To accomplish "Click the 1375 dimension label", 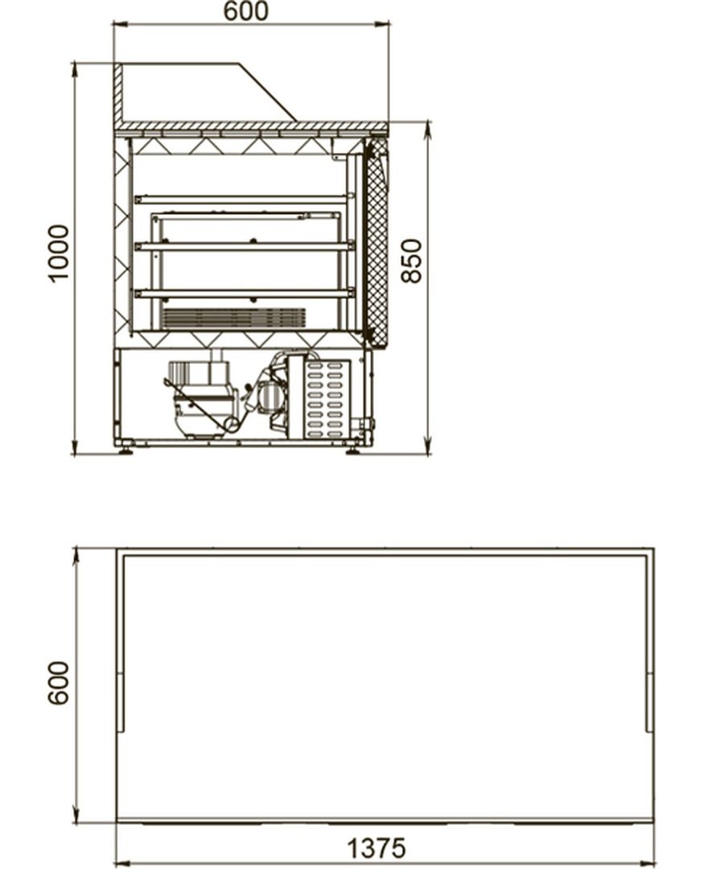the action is (376, 848).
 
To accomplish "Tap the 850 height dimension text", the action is (412, 261).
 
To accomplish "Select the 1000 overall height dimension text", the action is (59, 253).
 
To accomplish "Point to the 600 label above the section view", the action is (246, 11).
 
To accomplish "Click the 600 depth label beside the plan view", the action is (59, 683).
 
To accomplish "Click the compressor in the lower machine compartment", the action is (202, 400).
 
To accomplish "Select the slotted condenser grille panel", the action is (327, 397).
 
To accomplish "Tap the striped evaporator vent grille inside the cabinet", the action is (234, 318).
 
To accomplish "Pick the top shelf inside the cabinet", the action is (245, 200).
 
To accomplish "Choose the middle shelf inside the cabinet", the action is (245, 246).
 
